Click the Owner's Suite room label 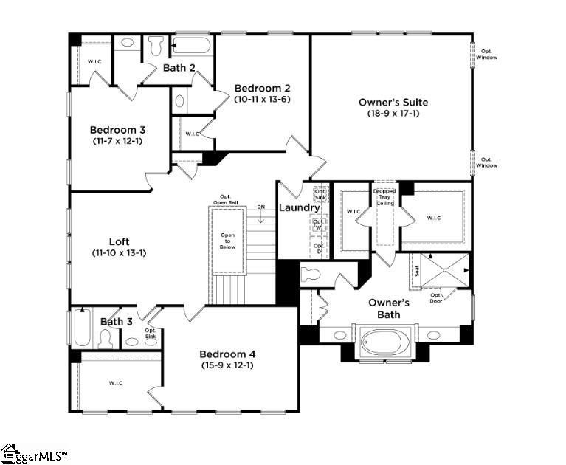coord(393,102)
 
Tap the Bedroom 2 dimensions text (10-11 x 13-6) coord(260,98)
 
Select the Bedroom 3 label coord(117,130)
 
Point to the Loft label coord(120,241)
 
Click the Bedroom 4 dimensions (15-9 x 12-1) coord(227,365)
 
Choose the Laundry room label coord(299,207)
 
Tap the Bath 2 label coord(179,68)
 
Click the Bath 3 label coord(117,321)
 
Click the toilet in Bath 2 coord(156,46)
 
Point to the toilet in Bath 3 coord(105,339)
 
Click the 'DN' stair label coord(260,207)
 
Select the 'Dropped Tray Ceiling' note coord(384,198)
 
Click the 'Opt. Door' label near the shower coord(437,299)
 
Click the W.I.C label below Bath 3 coord(115,383)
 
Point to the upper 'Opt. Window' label coord(486,55)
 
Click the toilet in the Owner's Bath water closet coord(311,275)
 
